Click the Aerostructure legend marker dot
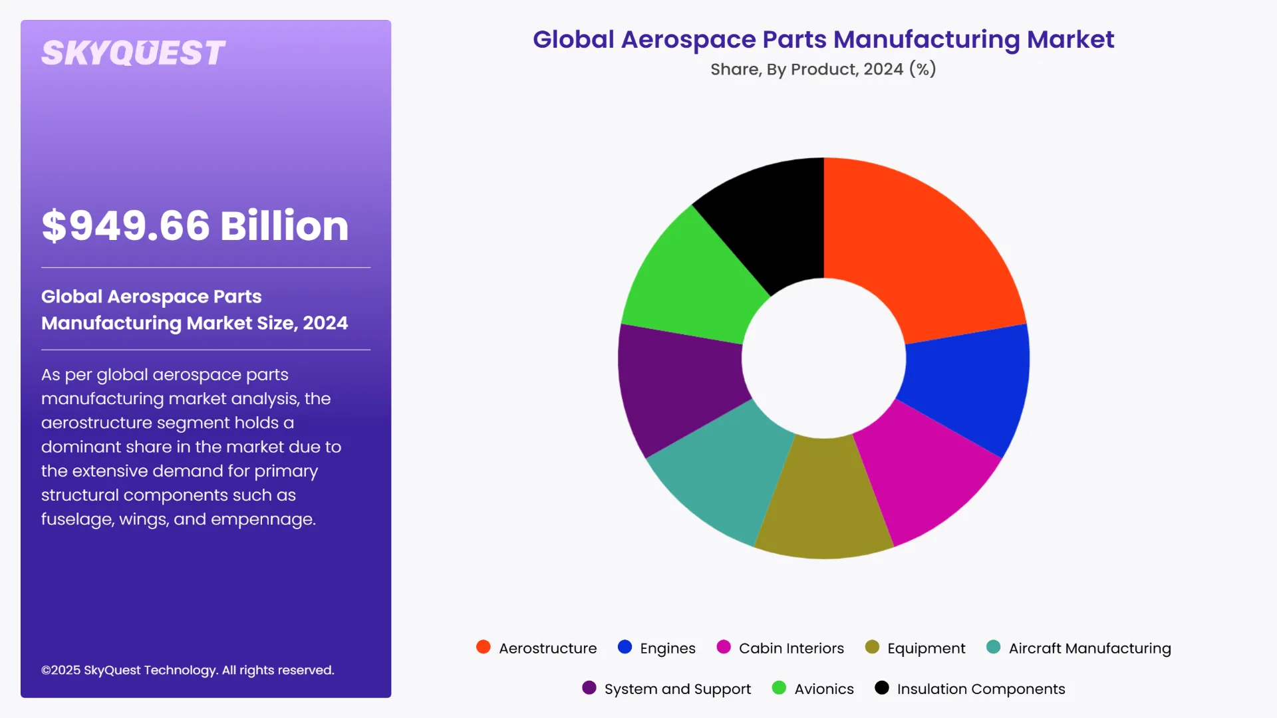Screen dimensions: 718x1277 point(484,647)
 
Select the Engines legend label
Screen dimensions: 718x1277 point(667,648)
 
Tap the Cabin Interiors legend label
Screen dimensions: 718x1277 point(791,648)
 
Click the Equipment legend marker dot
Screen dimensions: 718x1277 point(872,647)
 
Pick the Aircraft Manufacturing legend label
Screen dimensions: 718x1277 point(1089,648)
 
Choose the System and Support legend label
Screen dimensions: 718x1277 point(677,689)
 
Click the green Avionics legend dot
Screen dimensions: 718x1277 point(779,687)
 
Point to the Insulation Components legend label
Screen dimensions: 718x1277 point(980,689)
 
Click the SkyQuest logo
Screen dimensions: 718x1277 point(133,53)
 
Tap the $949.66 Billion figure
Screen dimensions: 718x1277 point(195,225)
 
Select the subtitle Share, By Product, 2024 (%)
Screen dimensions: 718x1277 point(823,69)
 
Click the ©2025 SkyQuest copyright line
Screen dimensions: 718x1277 point(188,670)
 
